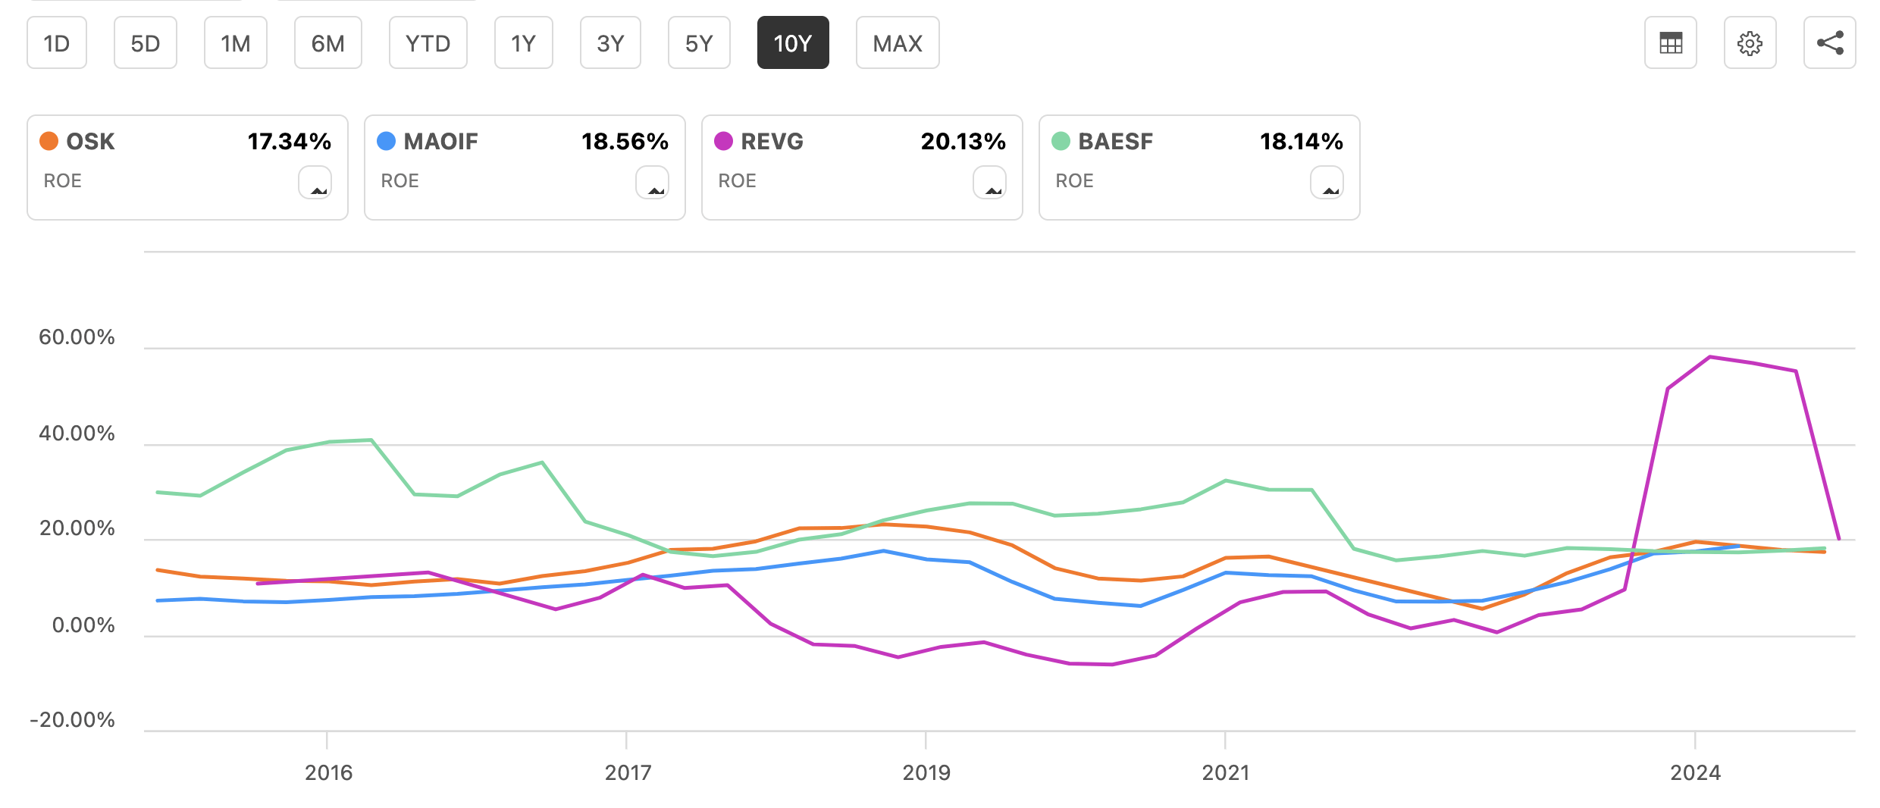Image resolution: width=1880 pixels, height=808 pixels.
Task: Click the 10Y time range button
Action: [x=792, y=43]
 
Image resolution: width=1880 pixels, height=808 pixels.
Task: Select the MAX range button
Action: [x=898, y=43]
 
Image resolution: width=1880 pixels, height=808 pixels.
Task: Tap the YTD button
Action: [x=428, y=43]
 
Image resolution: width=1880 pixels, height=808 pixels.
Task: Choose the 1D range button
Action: [x=57, y=43]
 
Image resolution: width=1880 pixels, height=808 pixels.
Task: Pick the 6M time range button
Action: [x=327, y=43]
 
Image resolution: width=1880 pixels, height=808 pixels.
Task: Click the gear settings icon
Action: [x=1750, y=43]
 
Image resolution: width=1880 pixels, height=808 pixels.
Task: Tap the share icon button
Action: [x=1829, y=43]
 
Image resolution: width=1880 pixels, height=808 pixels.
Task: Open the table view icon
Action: [x=1670, y=43]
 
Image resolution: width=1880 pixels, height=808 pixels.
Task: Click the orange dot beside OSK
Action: [x=49, y=141]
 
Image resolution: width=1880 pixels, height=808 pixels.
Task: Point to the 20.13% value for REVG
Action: [x=963, y=142]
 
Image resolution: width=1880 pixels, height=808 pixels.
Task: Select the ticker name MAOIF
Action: [x=440, y=142]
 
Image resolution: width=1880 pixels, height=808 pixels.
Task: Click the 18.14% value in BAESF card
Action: [x=1301, y=142]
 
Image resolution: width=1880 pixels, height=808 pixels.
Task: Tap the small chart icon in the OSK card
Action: [x=315, y=183]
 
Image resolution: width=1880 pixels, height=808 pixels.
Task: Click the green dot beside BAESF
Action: [x=1061, y=141]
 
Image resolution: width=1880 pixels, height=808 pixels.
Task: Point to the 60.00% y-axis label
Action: [x=77, y=337]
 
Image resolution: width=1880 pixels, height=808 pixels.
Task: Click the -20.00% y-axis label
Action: [x=72, y=719]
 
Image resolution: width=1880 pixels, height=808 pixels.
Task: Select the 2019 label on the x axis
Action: [x=926, y=772]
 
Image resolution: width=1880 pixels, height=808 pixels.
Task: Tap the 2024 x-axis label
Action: [x=1695, y=772]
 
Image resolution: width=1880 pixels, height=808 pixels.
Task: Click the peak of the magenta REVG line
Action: [x=1710, y=357]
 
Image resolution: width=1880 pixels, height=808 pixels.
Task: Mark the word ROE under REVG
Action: [x=737, y=181]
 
